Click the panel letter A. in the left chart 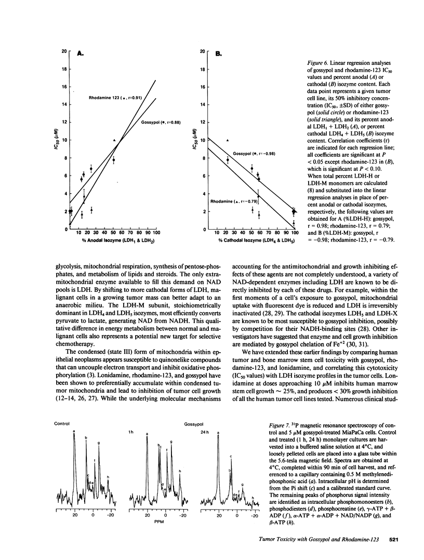pyautogui.click(x=81, y=53)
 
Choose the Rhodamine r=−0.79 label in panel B pyautogui.click(x=228, y=201)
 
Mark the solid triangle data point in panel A pyautogui.click(x=114, y=140)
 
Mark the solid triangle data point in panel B pyautogui.click(x=227, y=140)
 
